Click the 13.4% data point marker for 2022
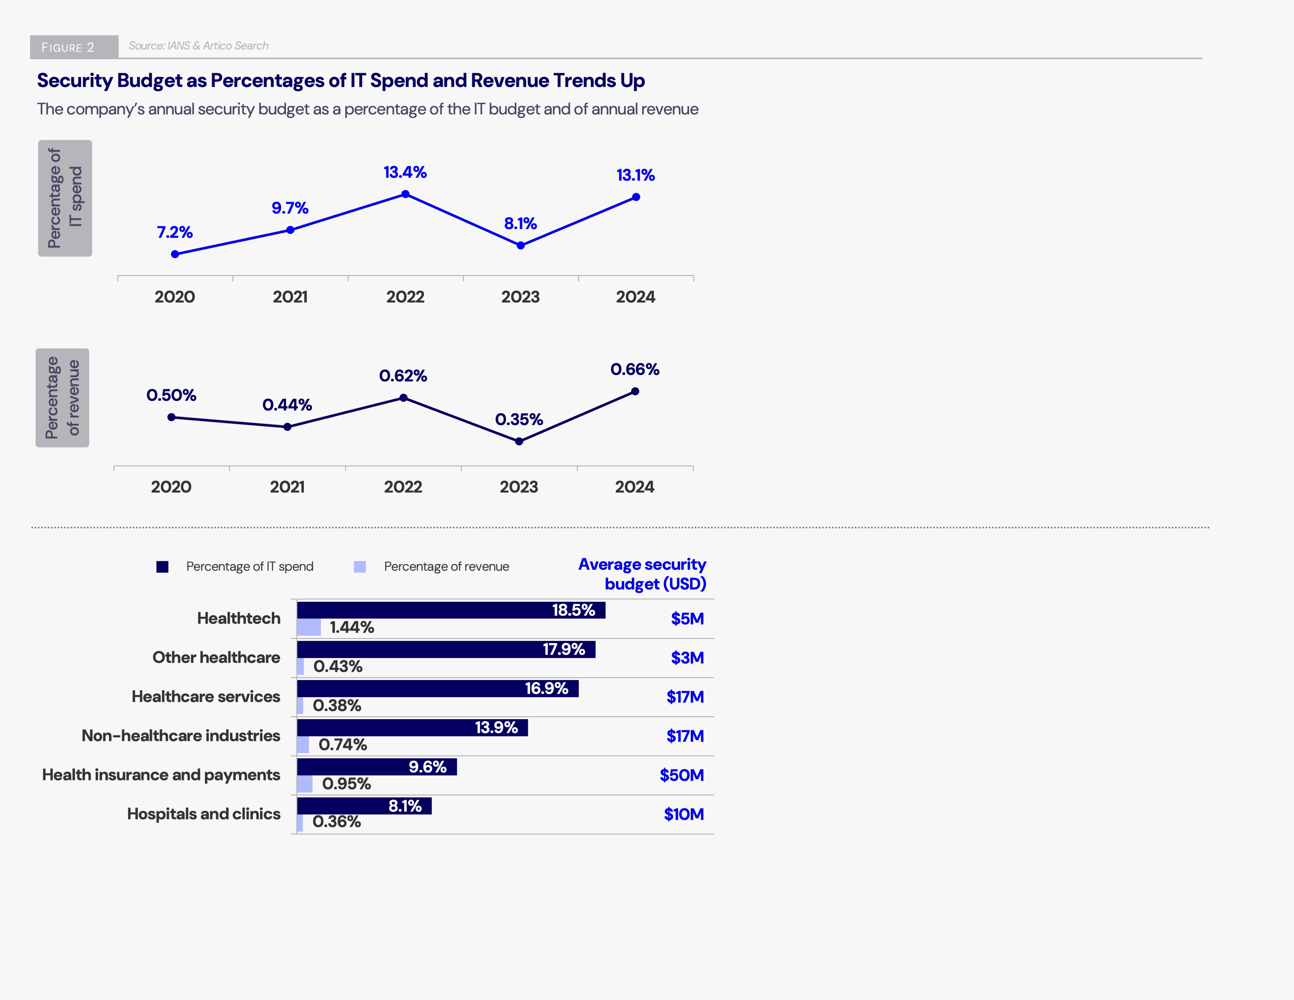click(x=405, y=194)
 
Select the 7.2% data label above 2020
click(x=175, y=232)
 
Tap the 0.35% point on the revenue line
click(x=519, y=441)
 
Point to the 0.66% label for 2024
click(x=635, y=370)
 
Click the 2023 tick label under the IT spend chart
click(x=520, y=297)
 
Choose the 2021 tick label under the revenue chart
click(x=287, y=487)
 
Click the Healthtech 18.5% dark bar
click(x=450, y=610)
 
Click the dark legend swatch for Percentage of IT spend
click(x=162, y=567)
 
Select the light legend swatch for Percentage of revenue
click(x=360, y=567)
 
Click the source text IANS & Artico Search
click(x=199, y=46)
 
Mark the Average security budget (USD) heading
click(x=643, y=574)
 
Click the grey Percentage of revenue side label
click(x=62, y=398)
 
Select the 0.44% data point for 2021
click(x=287, y=426)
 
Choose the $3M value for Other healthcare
click(x=687, y=658)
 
